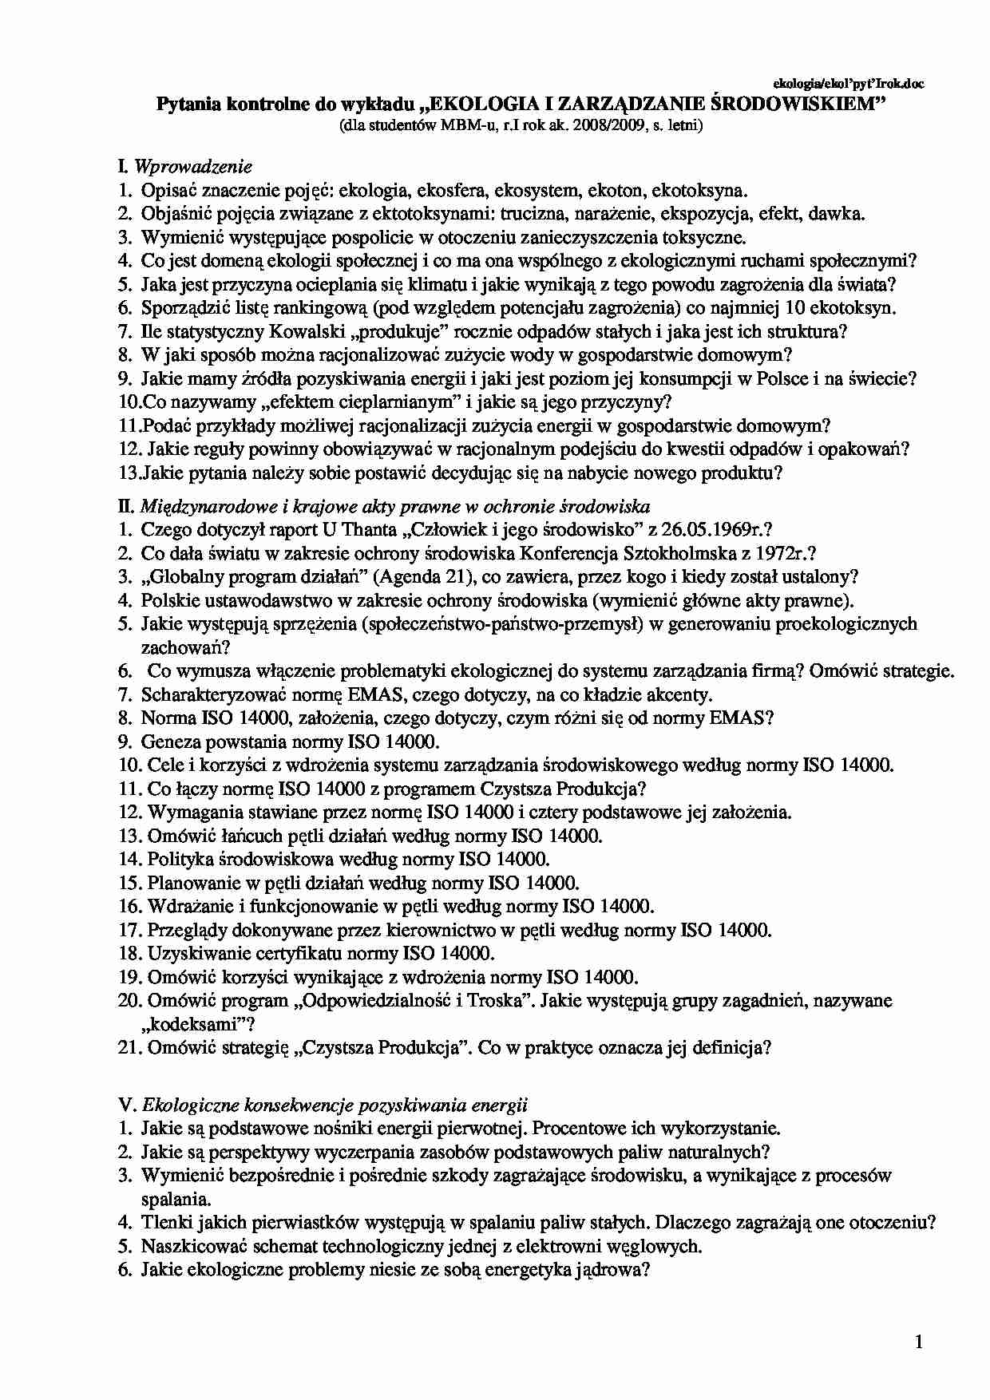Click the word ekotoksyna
click(700, 191)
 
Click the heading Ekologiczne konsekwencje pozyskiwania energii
click(335, 1105)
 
